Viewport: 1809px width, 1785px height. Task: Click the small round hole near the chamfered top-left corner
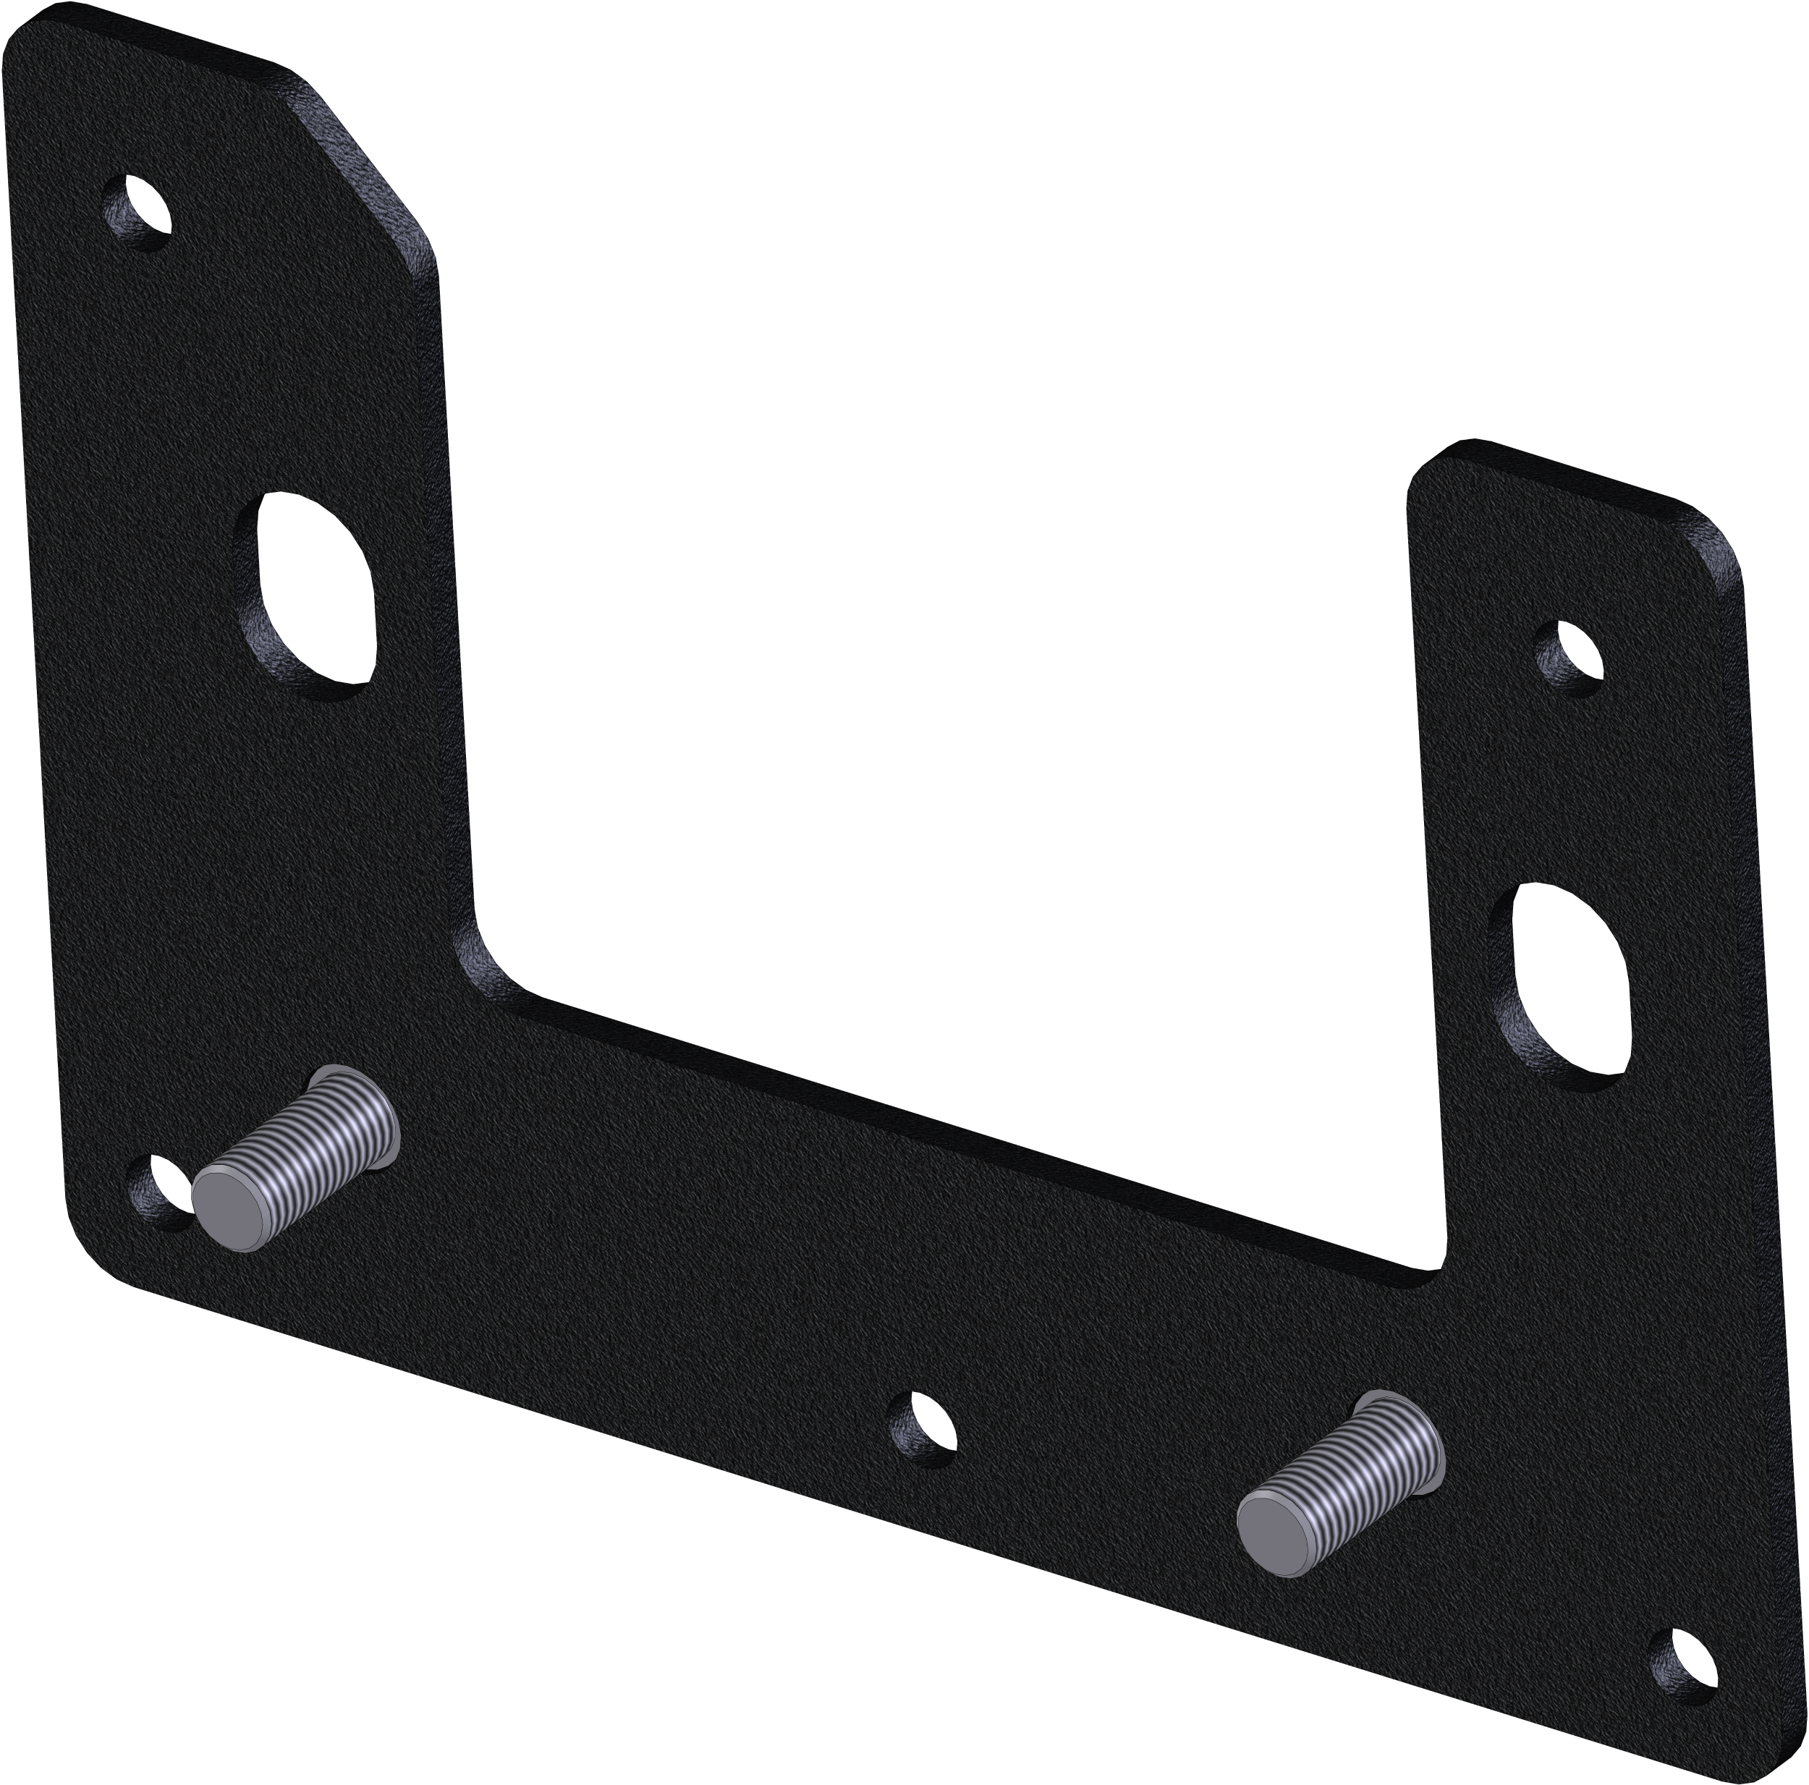coord(139,210)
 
